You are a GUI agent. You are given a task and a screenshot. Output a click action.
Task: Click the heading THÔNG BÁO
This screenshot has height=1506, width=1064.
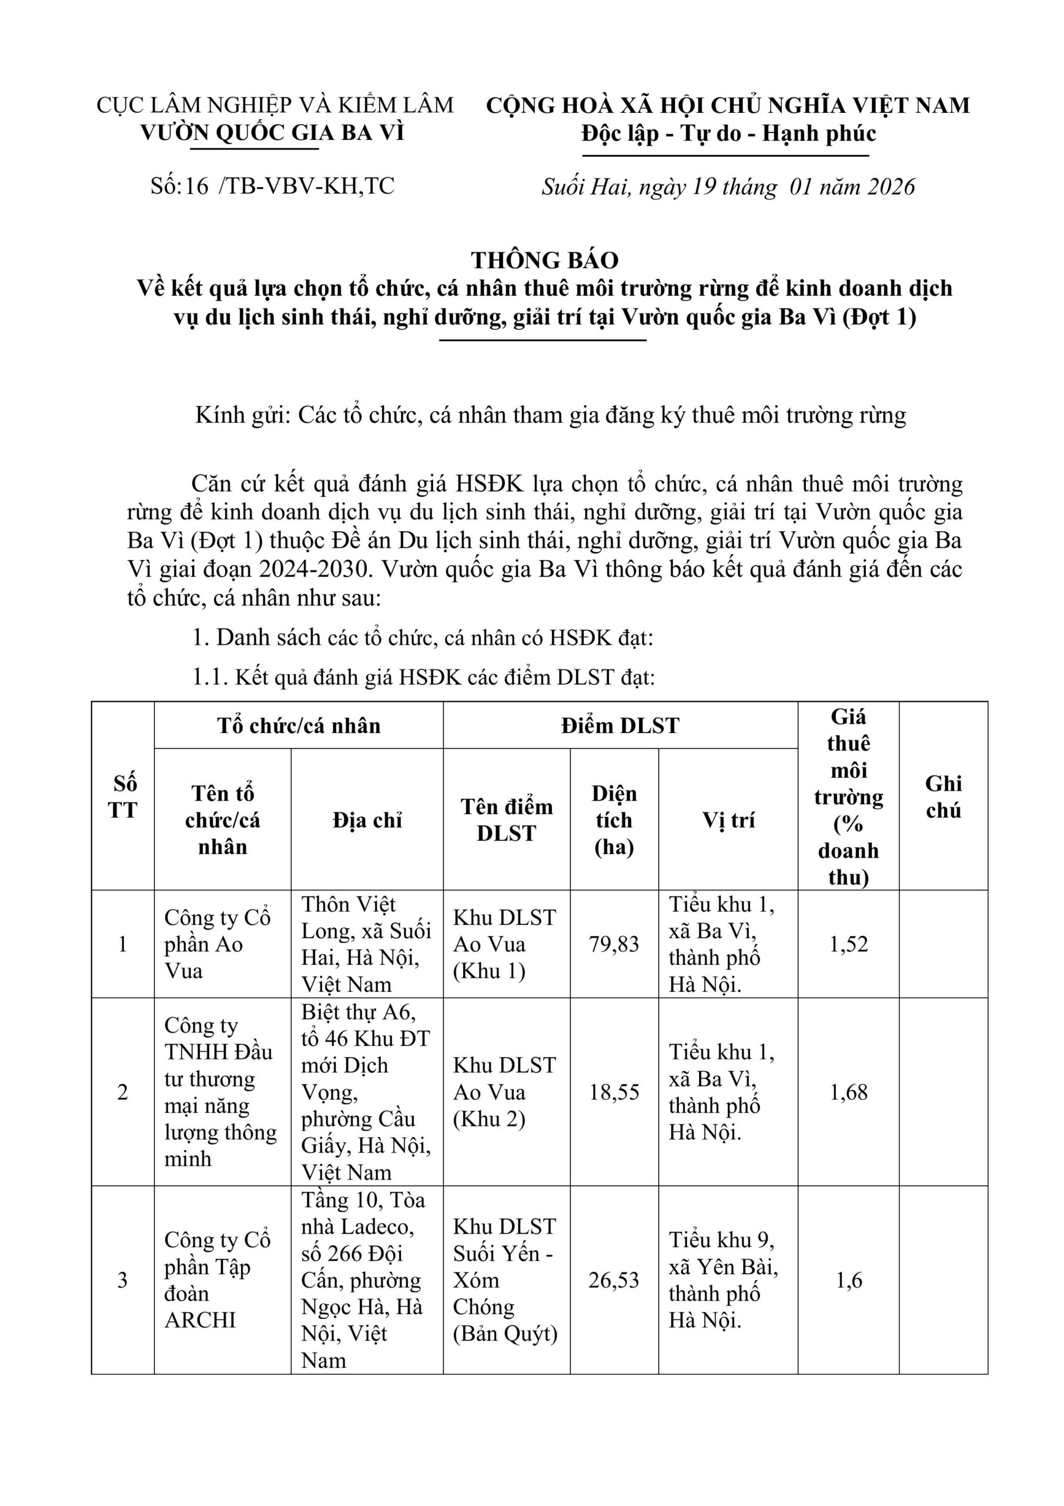coord(544,261)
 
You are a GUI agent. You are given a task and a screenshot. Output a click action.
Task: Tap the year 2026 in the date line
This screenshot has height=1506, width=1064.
coord(890,187)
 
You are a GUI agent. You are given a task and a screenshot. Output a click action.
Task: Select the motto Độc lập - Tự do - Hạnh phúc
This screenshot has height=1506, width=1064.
coord(728,134)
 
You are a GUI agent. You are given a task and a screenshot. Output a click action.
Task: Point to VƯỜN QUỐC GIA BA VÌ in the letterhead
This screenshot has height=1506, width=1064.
coord(273,133)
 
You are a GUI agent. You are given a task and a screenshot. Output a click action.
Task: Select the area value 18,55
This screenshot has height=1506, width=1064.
coord(614,1092)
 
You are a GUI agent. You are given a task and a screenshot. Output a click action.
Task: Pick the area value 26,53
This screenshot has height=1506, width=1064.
coord(614,1280)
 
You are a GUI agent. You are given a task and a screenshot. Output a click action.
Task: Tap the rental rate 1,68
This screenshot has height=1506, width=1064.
coord(848,1092)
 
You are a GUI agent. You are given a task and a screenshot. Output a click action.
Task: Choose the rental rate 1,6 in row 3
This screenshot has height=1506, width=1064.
coord(848,1280)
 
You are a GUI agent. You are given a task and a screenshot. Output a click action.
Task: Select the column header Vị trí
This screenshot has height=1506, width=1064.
coord(728,820)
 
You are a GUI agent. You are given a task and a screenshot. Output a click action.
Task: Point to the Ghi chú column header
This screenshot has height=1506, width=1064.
coord(943,797)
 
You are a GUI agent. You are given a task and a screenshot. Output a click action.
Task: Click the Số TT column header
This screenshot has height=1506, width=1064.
coord(123,797)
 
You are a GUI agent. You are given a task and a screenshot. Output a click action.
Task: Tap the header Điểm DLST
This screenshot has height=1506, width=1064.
coord(620,725)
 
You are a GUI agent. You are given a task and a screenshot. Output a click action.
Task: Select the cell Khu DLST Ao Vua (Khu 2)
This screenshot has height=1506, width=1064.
coord(505,1092)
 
